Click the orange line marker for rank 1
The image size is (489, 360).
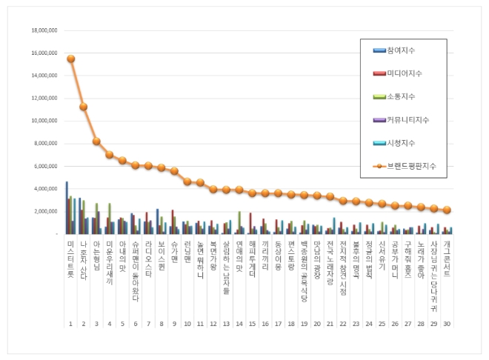click(70, 59)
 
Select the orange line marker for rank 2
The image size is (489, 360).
click(84, 107)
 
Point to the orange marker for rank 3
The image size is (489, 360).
click(96, 141)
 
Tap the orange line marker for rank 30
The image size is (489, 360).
click(447, 210)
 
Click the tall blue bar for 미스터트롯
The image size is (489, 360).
click(67, 207)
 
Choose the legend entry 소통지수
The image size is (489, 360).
click(400, 96)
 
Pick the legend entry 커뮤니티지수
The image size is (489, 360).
click(405, 119)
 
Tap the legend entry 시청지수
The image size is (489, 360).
click(400, 142)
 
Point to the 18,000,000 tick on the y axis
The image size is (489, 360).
click(44, 30)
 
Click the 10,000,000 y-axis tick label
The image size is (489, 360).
click(44, 121)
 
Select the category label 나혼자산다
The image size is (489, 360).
click(84, 259)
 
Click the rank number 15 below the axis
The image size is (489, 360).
click(252, 324)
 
